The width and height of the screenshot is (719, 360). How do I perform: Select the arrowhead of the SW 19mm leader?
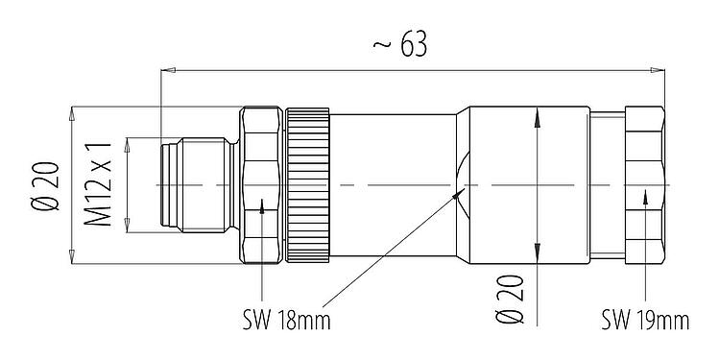pyautogui.click(x=646, y=194)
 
